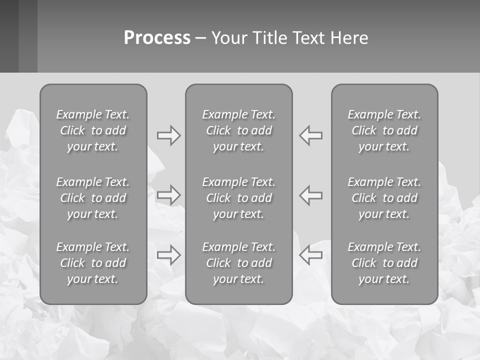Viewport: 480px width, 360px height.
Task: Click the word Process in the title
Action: coord(157,38)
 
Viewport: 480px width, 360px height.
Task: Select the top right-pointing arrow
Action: coord(169,135)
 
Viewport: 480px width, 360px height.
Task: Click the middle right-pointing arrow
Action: coord(169,194)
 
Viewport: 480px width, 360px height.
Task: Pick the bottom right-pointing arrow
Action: coord(169,255)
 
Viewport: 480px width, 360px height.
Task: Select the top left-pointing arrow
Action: coord(311,135)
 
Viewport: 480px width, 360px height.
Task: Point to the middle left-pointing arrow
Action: coord(311,194)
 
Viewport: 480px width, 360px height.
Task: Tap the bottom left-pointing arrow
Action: coord(311,255)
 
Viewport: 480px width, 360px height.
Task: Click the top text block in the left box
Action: coord(93,130)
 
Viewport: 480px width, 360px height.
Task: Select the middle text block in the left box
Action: coord(93,198)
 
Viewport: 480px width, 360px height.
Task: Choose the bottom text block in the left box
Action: coord(93,263)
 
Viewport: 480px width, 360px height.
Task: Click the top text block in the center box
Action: coord(239,130)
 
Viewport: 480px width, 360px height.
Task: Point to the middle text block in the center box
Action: coord(239,198)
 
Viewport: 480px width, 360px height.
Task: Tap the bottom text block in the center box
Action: coord(239,263)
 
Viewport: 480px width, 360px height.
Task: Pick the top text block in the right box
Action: coord(384,130)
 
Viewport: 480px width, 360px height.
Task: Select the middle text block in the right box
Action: coord(384,198)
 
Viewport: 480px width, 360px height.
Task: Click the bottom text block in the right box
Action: coord(384,263)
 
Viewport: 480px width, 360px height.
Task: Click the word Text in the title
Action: coord(309,38)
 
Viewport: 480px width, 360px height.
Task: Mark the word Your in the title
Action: coord(230,38)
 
